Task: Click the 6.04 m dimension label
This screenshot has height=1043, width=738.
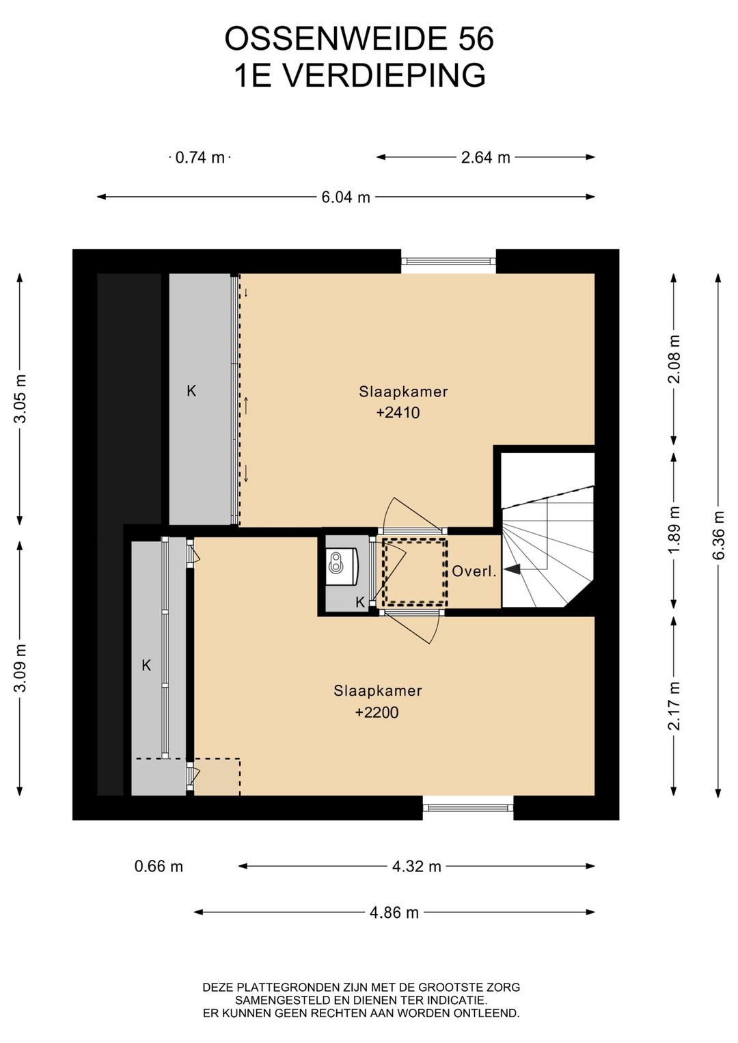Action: (346, 198)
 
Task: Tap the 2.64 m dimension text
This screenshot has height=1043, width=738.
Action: (485, 158)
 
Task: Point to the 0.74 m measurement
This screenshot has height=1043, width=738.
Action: (200, 158)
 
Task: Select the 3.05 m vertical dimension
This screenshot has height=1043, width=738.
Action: (21, 398)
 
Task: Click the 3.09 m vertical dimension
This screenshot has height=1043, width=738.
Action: (21, 668)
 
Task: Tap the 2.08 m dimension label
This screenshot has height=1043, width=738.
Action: (674, 359)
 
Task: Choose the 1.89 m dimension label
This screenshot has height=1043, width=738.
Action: (674, 530)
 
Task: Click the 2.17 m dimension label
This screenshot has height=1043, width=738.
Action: (674, 705)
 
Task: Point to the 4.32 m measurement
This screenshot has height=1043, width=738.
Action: (416, 867)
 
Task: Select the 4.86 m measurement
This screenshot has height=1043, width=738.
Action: (394, 912)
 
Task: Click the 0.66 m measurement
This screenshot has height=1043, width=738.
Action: (159, 867)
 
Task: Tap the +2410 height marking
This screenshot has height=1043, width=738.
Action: (398, 413)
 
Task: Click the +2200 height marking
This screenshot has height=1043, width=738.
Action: (377, 713)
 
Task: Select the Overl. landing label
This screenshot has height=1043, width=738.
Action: (474, 571)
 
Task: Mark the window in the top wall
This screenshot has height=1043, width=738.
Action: (448, 262)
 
